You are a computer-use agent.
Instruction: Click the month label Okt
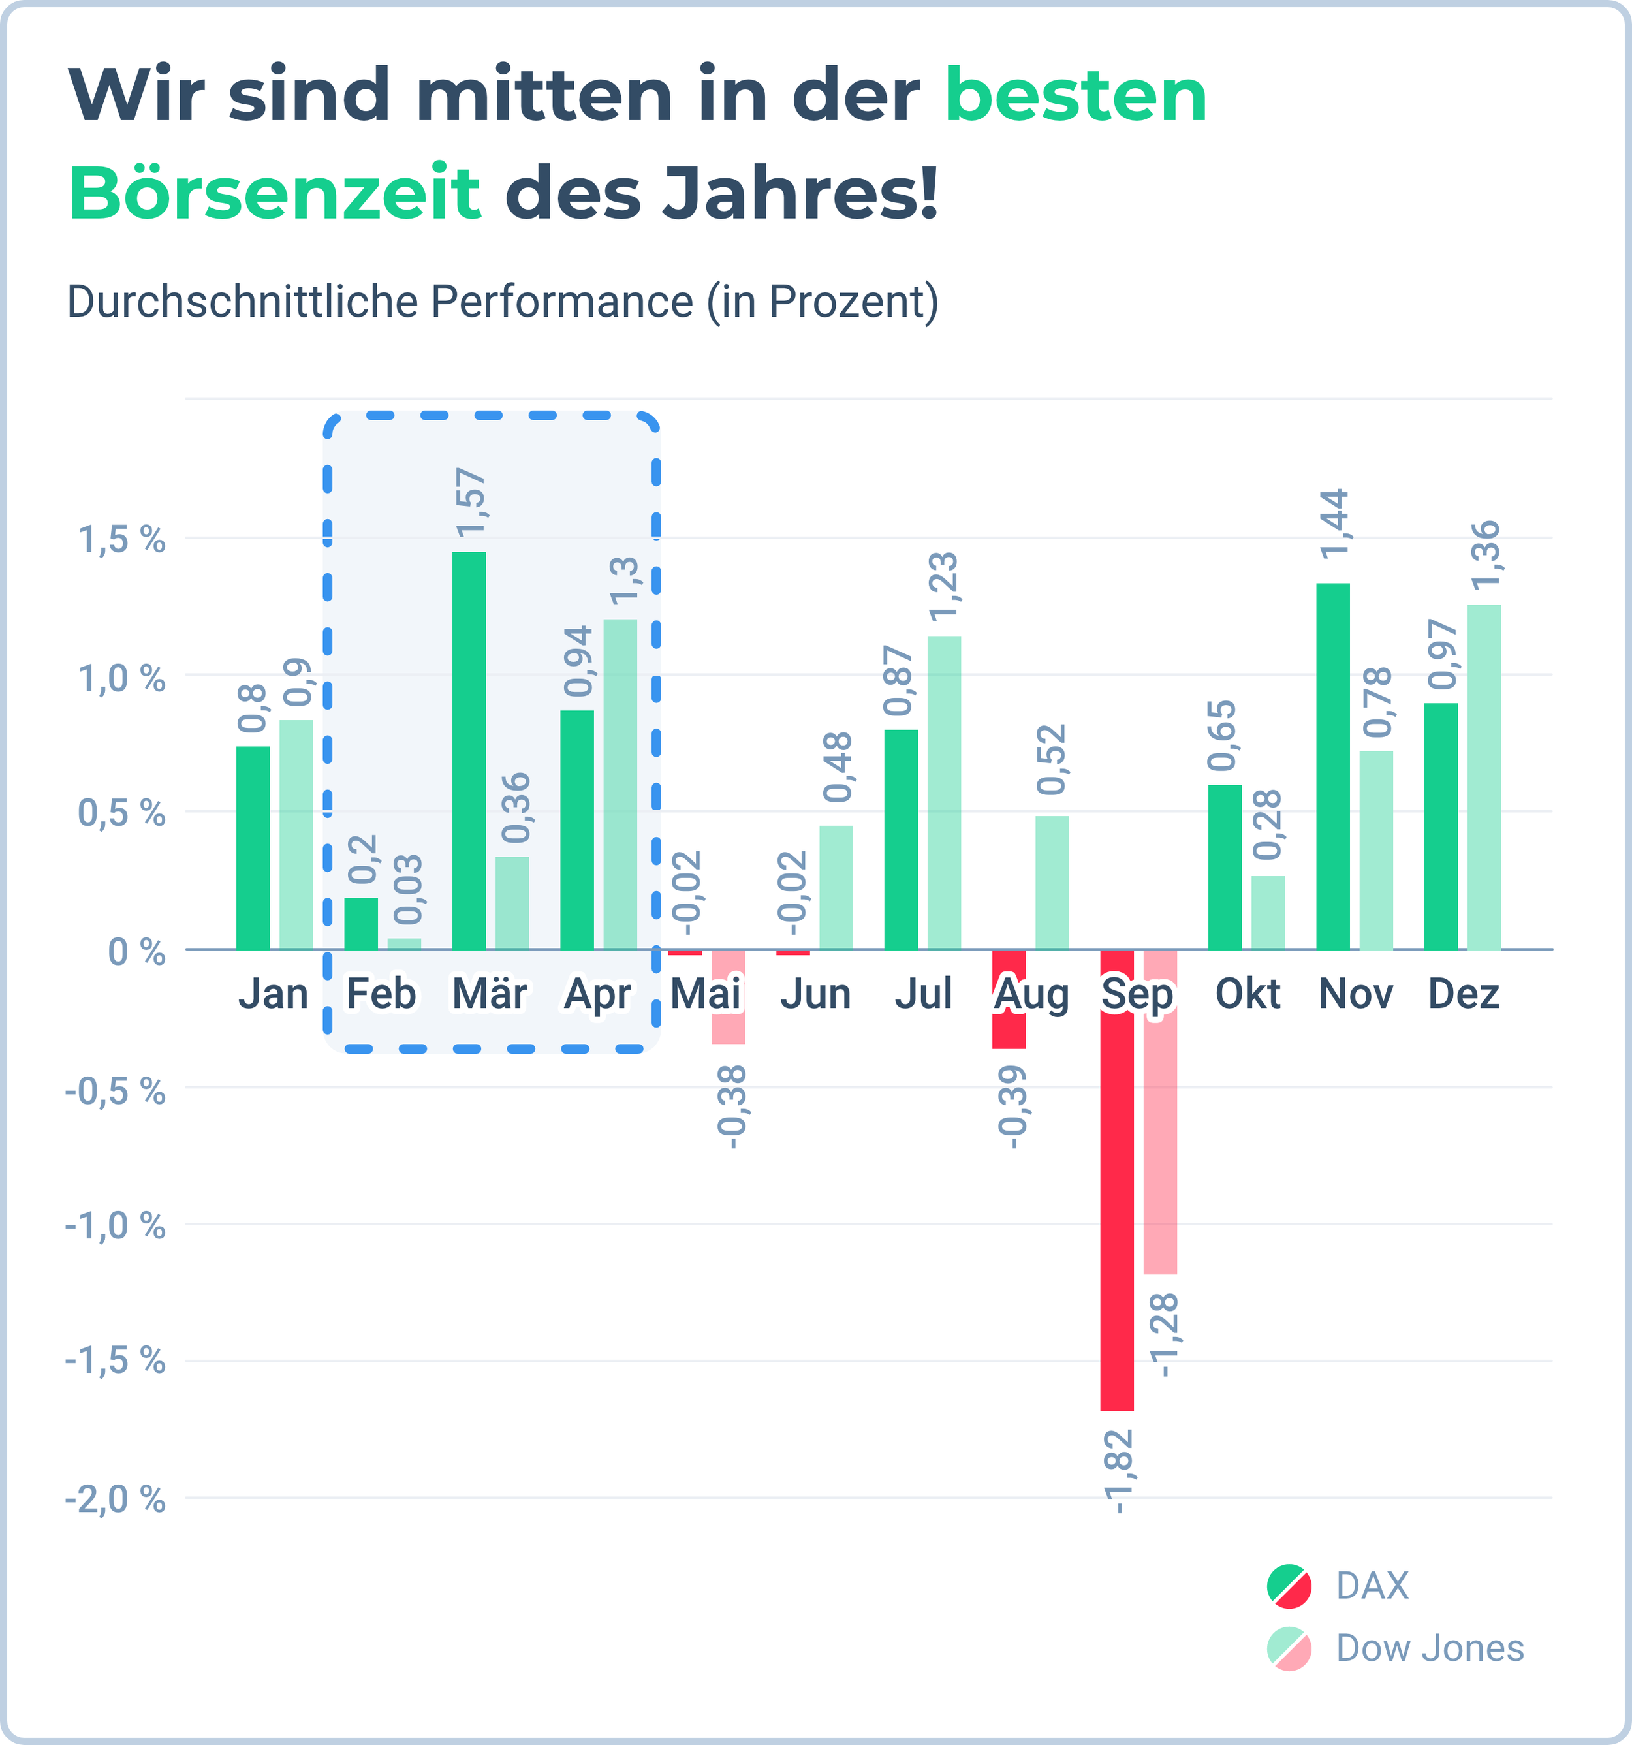pos(1248,994)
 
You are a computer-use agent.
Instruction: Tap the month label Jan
pos(273,994)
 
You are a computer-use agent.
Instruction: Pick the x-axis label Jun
pos(815,994)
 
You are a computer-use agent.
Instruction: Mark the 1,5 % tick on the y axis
pos(122,539)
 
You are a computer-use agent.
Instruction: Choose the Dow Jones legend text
pos(1429,1648)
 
